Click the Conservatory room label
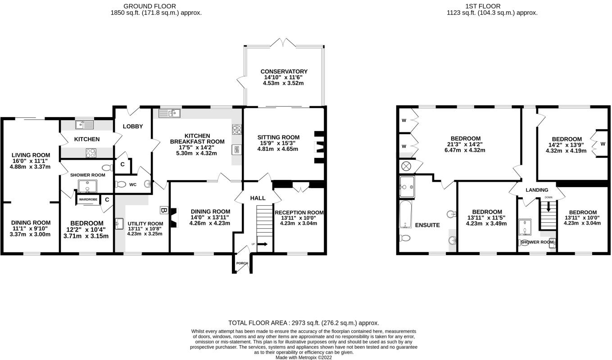pos(284,72)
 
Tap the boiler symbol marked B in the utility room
pos(163,210)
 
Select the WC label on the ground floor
pos(133,185)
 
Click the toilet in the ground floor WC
pos(120,184)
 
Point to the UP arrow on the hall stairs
pos(262,244)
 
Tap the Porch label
pos(242,263)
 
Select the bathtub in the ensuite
pos(406,214)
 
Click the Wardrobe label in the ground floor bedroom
pos(88,199)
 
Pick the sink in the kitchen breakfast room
pos(169,113)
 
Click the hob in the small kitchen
pos(91,153)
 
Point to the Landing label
pos(537,190)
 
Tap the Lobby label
pos(133,126)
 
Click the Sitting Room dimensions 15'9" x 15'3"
pos(277,143)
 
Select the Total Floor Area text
pos(304,323)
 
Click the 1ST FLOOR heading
pos(483,6)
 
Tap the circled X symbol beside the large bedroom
pos(406,166)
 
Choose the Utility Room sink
pos(119,224)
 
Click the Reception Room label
pos(299,212)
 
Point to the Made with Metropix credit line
pos(304,358)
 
